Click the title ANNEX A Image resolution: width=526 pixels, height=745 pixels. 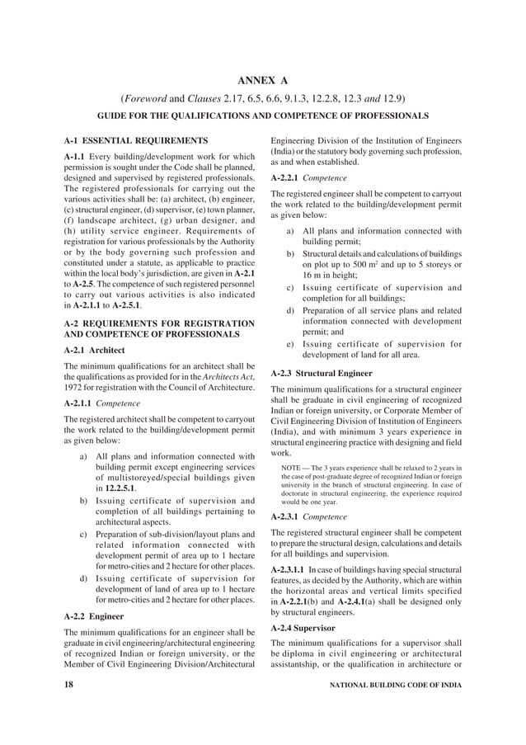click(263, 80)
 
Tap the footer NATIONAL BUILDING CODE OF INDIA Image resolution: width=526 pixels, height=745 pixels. click(395, 685)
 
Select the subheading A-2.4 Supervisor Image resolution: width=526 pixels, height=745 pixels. click(310, 628)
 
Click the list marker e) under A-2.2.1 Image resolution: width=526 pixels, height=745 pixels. click(290, 344)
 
